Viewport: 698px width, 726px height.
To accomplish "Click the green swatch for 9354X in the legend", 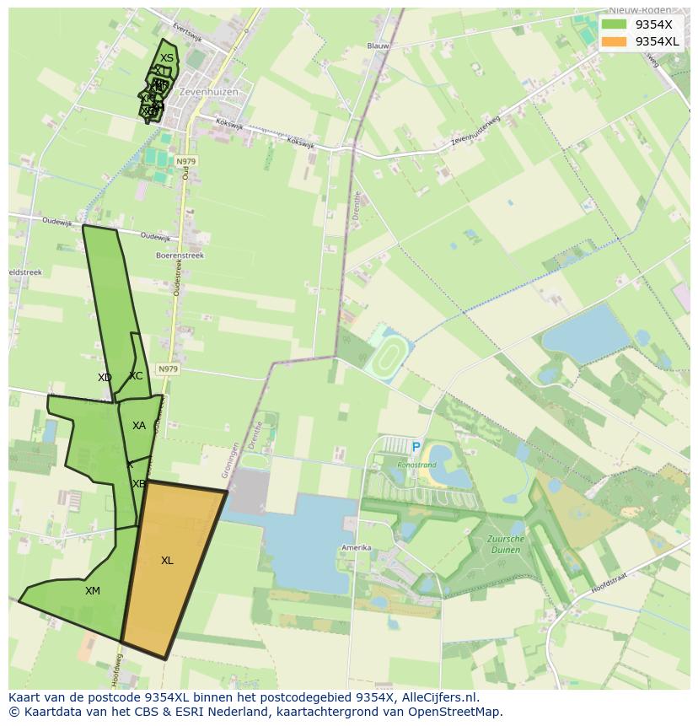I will pos(613,24).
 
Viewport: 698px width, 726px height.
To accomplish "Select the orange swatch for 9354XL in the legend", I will pos(613,41).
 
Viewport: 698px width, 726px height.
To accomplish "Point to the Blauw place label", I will pos(378,46).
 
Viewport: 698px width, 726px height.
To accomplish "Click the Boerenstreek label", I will pos(180,255).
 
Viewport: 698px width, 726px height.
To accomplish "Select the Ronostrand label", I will pos(417,464).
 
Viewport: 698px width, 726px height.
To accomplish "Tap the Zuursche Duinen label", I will pos(505,544).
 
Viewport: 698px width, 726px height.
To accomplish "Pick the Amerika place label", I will pos(356,547).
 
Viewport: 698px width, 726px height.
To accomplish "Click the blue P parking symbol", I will pos(416,448).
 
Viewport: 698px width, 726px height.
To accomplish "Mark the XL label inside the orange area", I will pos(167,561).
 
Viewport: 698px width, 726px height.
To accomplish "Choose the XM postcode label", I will pos(93,591).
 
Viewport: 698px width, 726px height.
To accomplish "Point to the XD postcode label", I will pos(105,378).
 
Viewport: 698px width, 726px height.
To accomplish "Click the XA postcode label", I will pos(139,426).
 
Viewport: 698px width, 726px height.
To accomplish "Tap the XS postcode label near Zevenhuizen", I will pos(167,58).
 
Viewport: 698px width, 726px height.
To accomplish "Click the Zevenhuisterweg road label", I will pos(475,132).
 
